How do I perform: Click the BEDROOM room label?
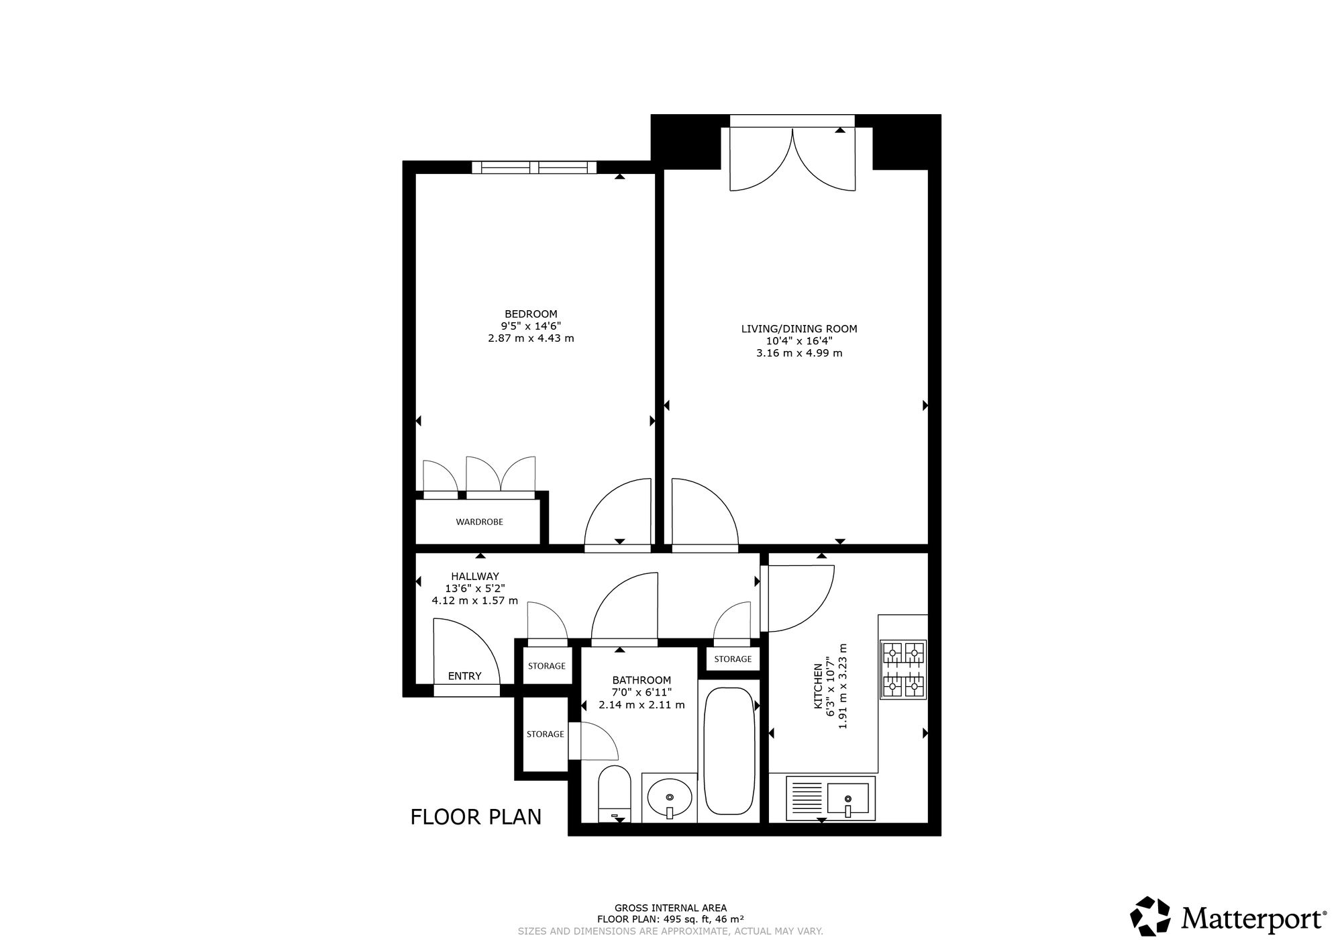tap(531, 314)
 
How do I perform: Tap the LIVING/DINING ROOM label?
tap(799, 329)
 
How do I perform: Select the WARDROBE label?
tap(479, 522)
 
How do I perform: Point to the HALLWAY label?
tap(475, 576)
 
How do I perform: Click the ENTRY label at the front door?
tap(464, 676)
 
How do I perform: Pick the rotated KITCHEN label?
tap(818, 686)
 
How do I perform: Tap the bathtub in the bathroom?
tap(729, 751)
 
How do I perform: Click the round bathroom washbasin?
tap(670, 798)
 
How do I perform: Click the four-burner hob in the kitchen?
tap(904, 669)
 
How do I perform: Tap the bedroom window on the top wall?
tap(534, 167)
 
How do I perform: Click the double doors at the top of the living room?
tap(792, 158)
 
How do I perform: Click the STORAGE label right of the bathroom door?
tap(733, 659)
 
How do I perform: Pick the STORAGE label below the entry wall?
tap(546, 734)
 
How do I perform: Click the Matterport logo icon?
tap(1151, 916)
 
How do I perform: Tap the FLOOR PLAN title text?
tap(476, 817)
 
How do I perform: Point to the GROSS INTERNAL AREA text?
tap(670, 908)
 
